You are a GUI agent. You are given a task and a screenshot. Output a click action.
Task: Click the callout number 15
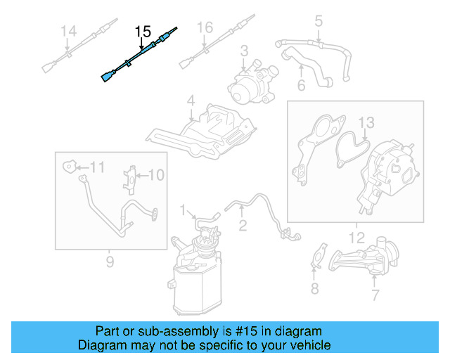point(143,31)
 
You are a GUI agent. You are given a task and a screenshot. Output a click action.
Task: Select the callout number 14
point(68,31)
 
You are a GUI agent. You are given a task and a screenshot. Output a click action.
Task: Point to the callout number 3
point(244,51)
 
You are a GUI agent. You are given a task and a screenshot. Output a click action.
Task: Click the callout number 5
point(318,22)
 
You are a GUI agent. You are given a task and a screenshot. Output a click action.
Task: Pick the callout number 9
point(110,262)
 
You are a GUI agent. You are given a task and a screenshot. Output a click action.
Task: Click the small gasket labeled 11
point(68,167)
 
